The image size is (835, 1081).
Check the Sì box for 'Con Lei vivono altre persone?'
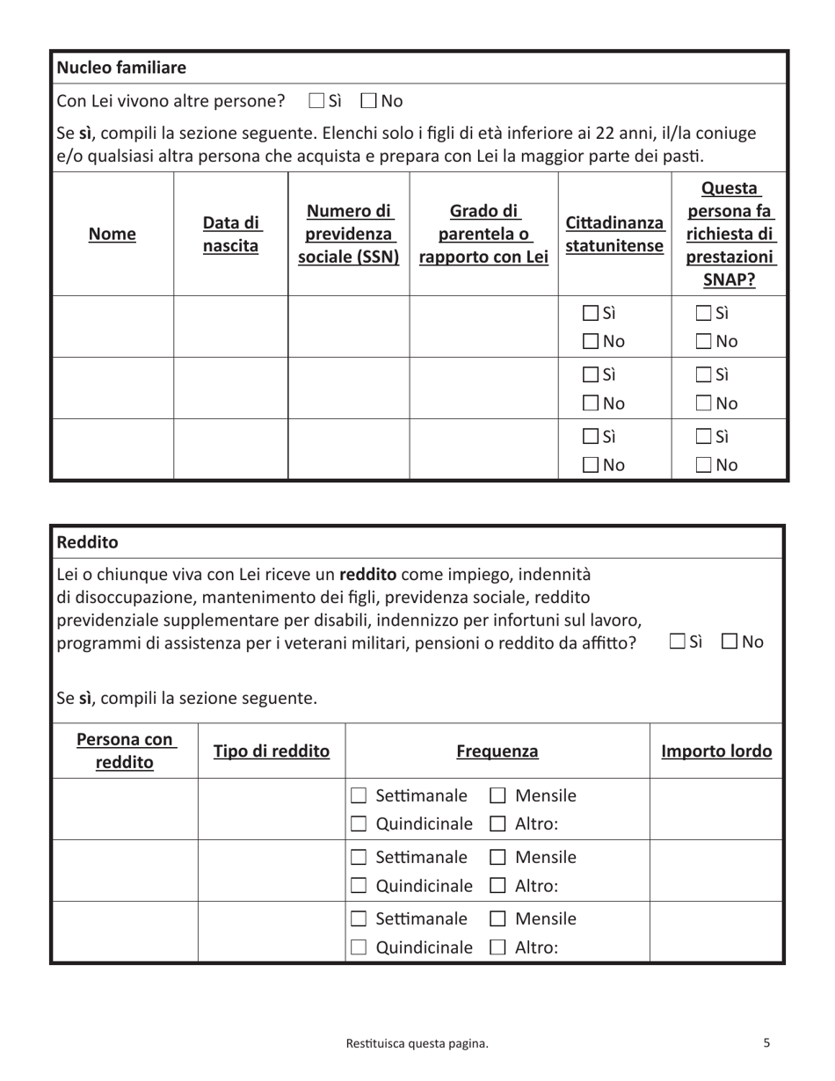pyautogui.click(x=317, y=101)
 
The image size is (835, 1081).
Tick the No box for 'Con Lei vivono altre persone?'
pyautogui.click(x=369, y=101)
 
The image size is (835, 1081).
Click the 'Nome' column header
pyautogui.click(x=113, y=234)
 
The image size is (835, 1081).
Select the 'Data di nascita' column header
pyautogui.click(x=231, y=234)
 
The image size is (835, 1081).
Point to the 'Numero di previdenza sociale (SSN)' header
pyautogui.click(x=349, y=234)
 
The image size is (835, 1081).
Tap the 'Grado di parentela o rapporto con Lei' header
pyautogui.click(x=483, y=234)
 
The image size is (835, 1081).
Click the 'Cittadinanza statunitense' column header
pyautogui.click(x=614, y=234)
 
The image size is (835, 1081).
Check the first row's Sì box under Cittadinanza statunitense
pyautogui.click(x=592, y=314)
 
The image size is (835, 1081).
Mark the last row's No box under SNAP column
pyautogui.click(x=704, y=466)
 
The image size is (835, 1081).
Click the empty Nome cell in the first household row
pyautogui.click(x=113, y=326)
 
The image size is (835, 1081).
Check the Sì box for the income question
pyautogui.click(x=677, y=642)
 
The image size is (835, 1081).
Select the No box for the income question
pyautogui.click(x=730, y=642)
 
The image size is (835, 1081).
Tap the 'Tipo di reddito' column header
pyautogui.click(x=272, y=751)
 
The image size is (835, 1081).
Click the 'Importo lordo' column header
pyautogui.click(x=716, y=751)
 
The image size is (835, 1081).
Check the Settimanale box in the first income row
pyautogui.click(x=359, y=796)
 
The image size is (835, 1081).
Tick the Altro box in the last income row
pyautogui.click(x=497, y=947)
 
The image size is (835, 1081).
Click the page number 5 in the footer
pyautogui.click(x=766, y=1043)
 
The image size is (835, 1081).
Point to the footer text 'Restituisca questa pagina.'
pyautogui.click(x=417, y=1043)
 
